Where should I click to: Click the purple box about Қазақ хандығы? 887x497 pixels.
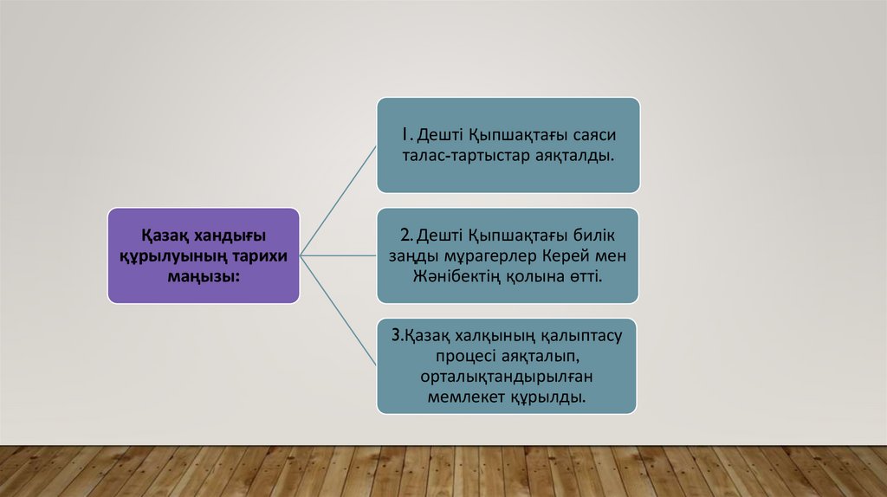[204, 255]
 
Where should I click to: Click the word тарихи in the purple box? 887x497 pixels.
[259, 255]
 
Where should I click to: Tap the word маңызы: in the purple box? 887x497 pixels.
[203, 275]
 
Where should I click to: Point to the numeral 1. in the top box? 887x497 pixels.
[406, 135]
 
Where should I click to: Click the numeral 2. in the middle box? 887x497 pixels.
[406, 236]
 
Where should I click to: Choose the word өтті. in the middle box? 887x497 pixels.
[582, 276]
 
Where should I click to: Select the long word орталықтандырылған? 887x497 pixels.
[508, 377]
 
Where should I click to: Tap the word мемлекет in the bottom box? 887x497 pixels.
[471, 397]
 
